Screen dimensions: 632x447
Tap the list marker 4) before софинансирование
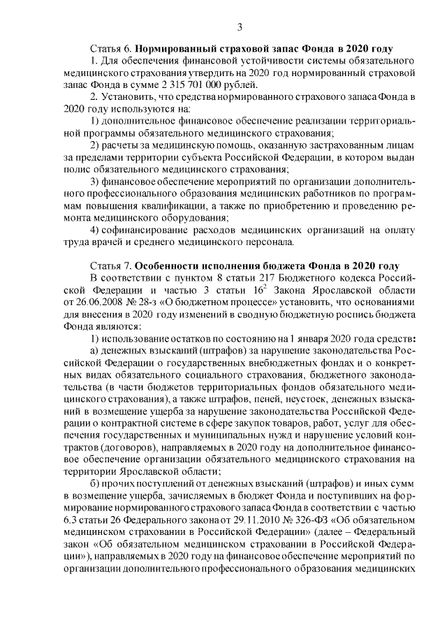96,230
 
